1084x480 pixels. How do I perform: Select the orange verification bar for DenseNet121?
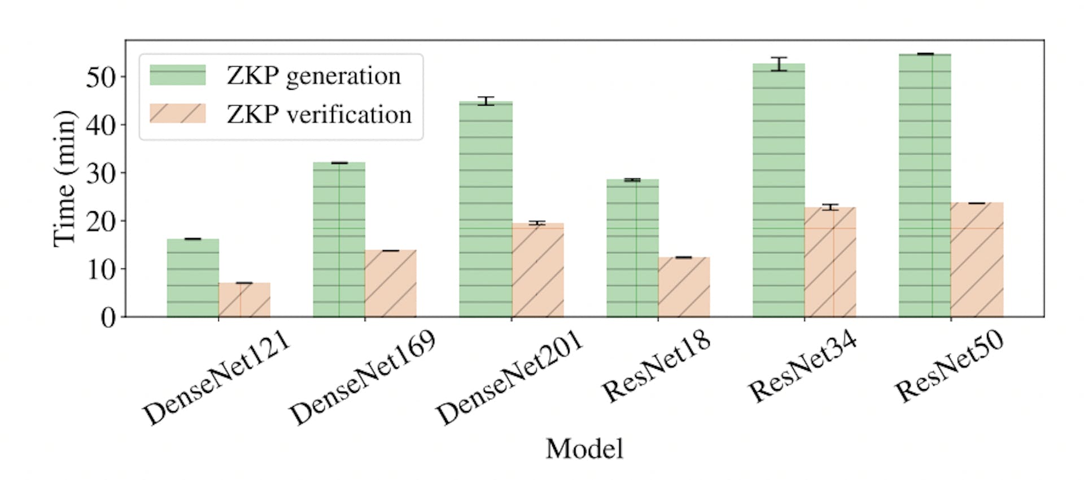click(244, 300)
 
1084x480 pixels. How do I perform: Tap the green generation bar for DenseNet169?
click(339, 239)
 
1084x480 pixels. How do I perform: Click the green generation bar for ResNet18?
click(632, 248)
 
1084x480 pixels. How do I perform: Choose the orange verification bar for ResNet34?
click(830, 262)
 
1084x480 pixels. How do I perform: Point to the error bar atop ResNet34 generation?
click(779, 64)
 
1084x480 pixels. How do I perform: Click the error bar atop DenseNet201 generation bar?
click(486, 101)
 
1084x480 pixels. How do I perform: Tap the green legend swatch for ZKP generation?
click(177, 75)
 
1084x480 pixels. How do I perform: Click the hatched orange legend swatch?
click(177, 114)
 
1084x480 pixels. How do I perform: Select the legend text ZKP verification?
click(319, 115)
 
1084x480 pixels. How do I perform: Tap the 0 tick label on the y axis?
click(108, 318)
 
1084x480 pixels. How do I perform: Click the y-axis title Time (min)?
click(65, 178)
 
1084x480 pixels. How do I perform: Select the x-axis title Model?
click(584, 450)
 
